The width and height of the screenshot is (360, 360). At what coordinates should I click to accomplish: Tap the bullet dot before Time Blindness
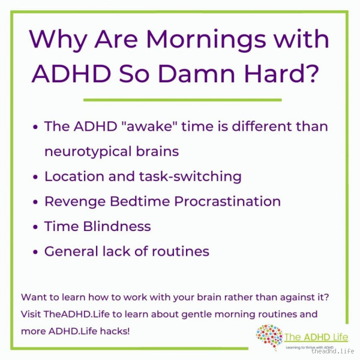[36, 227]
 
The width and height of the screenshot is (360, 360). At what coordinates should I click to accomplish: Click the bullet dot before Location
[36, 177]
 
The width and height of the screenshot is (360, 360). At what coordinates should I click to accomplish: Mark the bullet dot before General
[36, 251]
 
